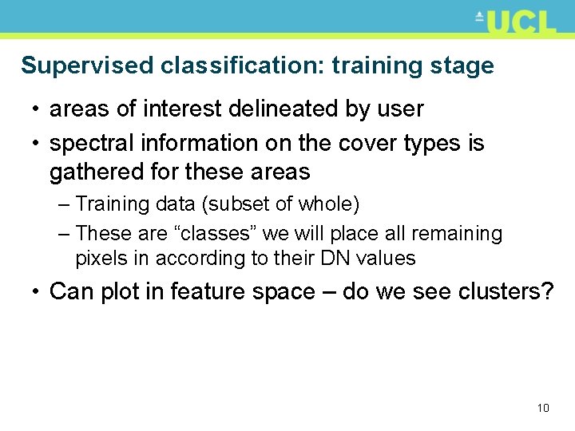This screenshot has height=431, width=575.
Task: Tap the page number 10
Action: tap(543, 408)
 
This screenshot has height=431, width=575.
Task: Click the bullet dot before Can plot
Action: tap(37, 292)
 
